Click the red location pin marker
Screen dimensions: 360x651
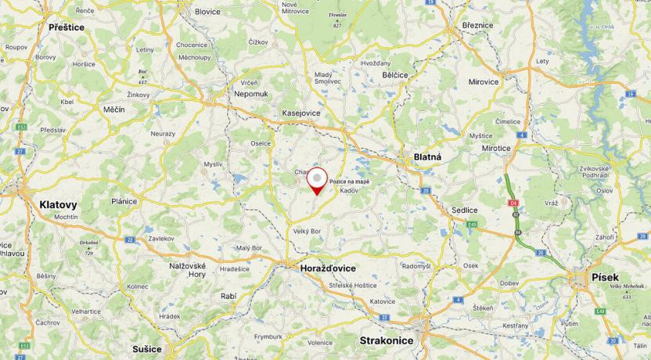[317, 180]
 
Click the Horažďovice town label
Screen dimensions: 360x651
[328, 268]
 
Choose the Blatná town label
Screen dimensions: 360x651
[427, 157]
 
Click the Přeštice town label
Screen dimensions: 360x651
[67, 27]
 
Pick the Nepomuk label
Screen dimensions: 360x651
[251, 93]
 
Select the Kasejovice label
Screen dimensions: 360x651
[301, 113]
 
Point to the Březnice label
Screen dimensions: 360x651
[477, 25]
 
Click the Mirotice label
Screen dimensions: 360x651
[496, 147]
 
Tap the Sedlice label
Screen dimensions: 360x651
[464, 211]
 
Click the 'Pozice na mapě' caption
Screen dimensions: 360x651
[350, 182]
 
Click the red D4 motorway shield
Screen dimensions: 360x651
[513, 204]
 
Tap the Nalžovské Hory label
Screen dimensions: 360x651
[188, 270]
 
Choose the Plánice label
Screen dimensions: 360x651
[124, 201]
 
